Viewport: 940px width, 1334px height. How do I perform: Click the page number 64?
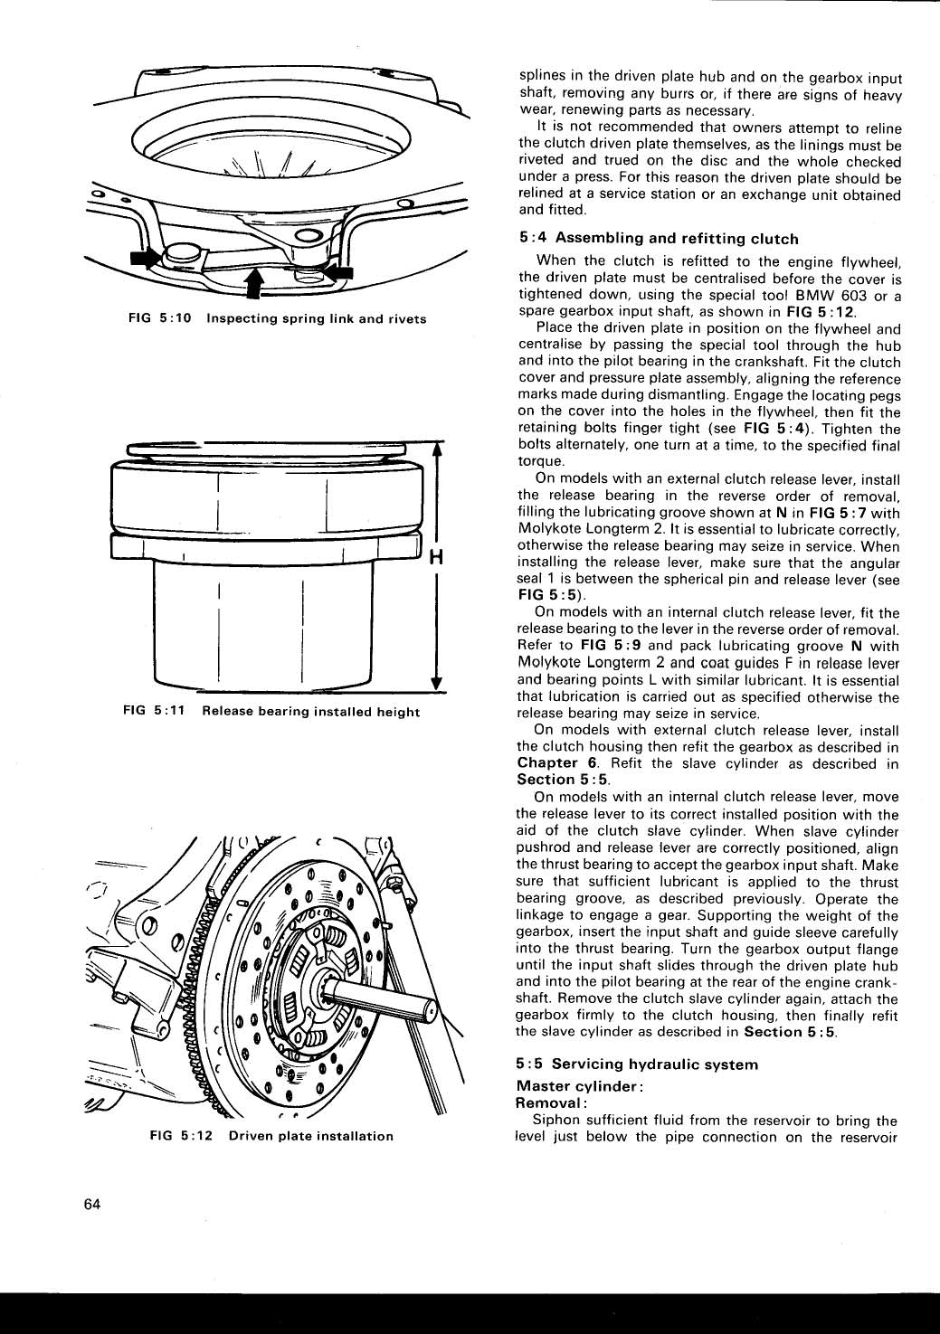point(90,1205)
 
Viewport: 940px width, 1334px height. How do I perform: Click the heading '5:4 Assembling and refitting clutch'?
point(659,239)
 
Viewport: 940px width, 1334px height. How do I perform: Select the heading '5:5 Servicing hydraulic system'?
point(637,1064)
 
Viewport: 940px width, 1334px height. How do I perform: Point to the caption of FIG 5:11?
point(271,712)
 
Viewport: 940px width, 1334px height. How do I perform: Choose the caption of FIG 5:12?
point(271,1136)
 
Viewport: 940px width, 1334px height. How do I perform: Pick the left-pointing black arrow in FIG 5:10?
point(337,270)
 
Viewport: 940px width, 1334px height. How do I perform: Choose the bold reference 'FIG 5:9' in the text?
point(611,646)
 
